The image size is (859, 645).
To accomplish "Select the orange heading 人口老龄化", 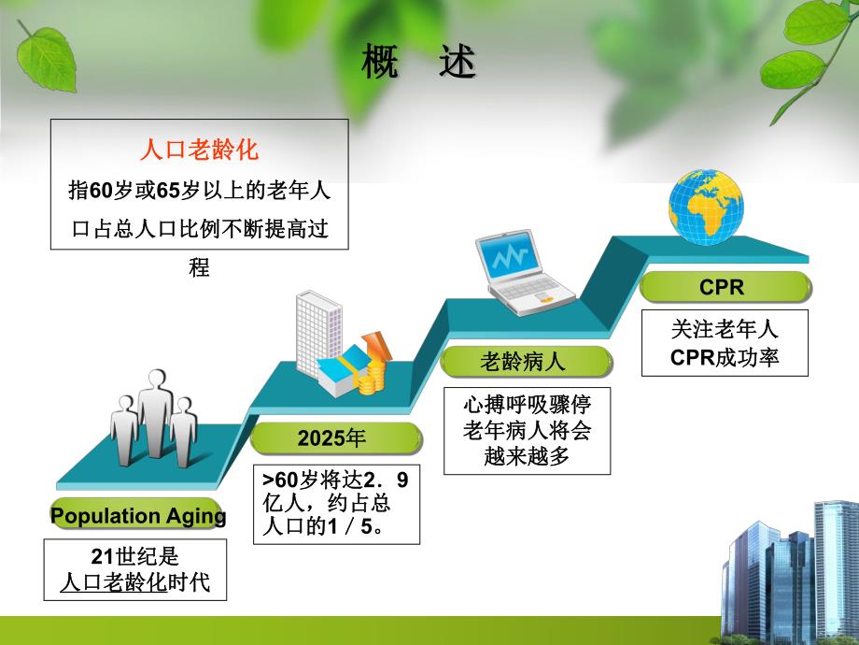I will [x=199, y=150].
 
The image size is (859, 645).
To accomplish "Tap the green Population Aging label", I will [x=138, y=516].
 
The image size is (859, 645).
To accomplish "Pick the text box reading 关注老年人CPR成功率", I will [x=725, y=343].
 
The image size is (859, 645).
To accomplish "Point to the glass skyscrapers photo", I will [x=789, y=570].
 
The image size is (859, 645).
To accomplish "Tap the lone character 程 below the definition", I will [x=199, y=268].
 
